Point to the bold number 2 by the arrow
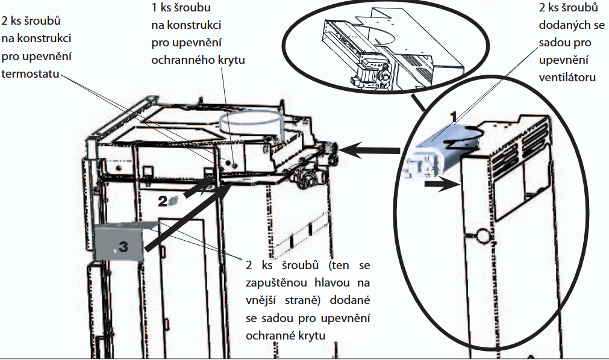pyautogui.click(x=162, y=202)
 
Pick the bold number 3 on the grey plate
pyautogui.click(x=123, y=246)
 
